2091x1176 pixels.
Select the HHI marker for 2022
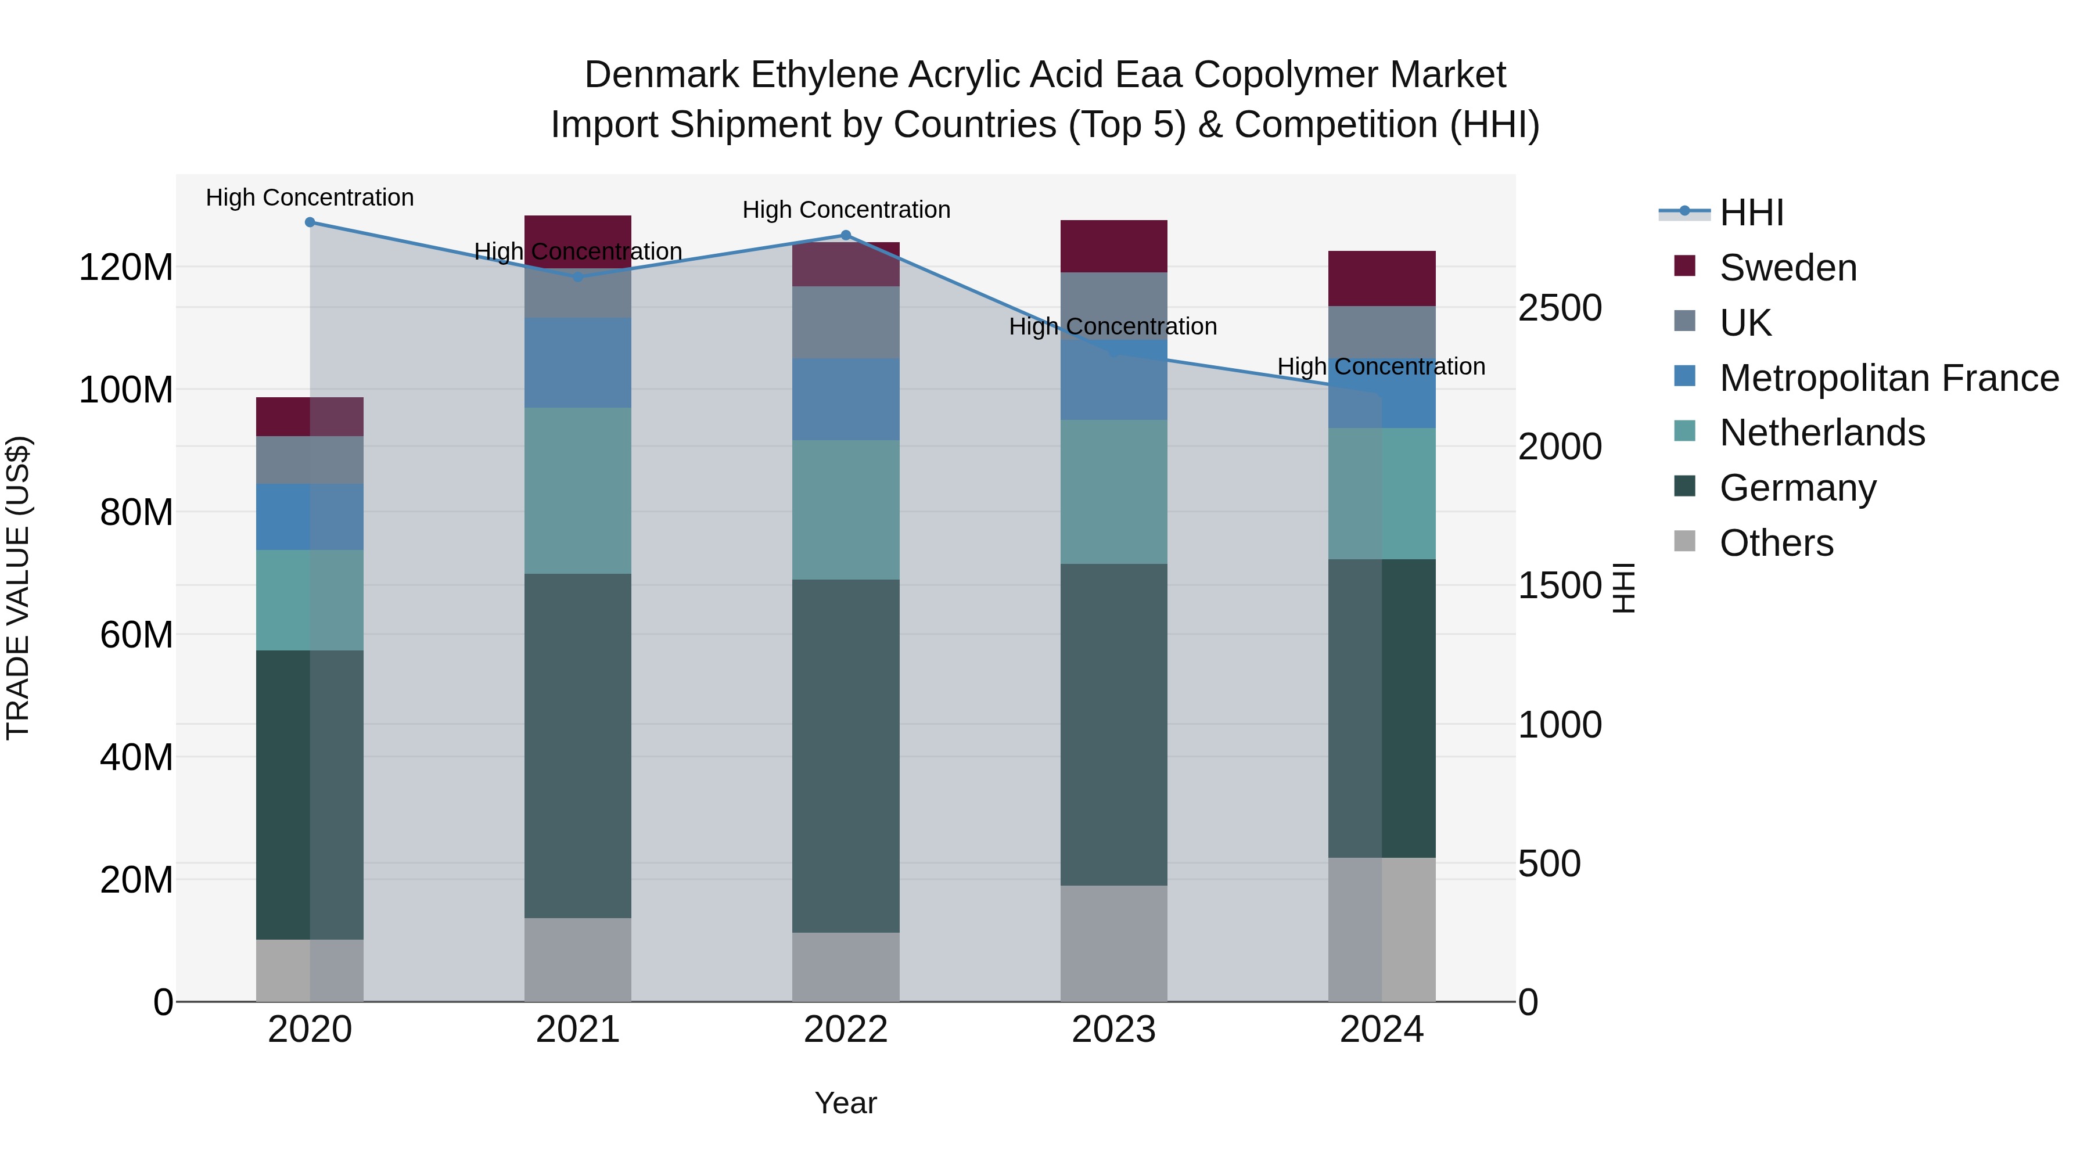(846, 235)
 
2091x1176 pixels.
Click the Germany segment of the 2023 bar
(1113, 724)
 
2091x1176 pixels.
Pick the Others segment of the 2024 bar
(1382, 929)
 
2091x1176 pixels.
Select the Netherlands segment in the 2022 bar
(846, 510)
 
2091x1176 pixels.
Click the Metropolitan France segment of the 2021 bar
(578, 363)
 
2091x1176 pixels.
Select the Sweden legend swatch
(1685, 266)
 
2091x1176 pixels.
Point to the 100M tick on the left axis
(126, 390)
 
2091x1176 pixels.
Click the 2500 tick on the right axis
(1560, 308)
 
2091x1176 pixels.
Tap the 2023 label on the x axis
(1113, 1030)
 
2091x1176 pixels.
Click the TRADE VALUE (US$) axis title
(18, 588)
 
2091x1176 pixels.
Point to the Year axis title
(845, 1103)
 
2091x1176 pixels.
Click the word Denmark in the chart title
(661, 75)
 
